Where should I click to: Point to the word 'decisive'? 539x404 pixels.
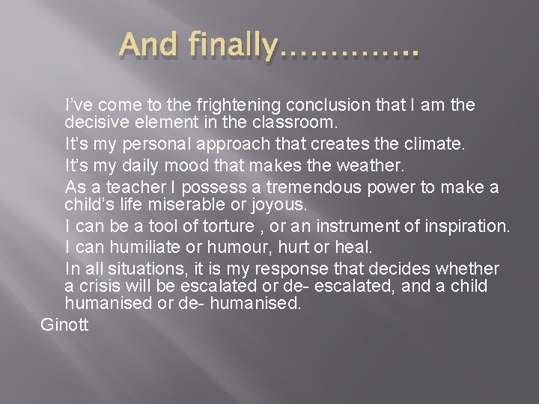click(93, 120)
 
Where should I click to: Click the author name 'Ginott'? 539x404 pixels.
click(64, 325)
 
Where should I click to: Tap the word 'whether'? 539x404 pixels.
click(469, 268)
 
